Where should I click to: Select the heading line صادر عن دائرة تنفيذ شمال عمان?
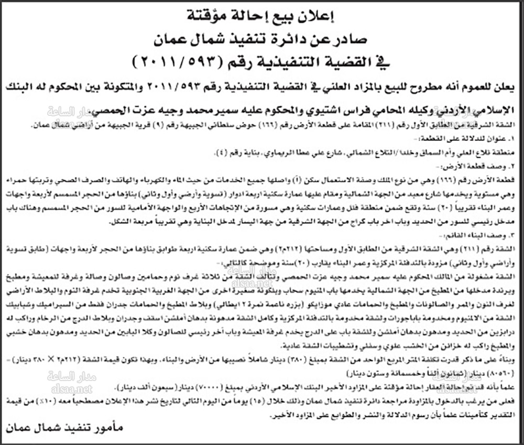(x=261, y=38)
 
